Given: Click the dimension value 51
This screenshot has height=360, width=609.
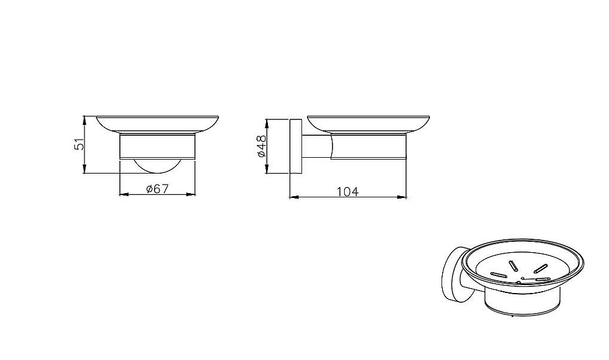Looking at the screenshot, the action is click(x=79, y=144).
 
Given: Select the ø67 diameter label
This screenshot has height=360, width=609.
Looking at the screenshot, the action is click(x=157, y=189).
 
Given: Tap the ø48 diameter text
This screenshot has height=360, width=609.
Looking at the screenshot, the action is click(x=261, y=146).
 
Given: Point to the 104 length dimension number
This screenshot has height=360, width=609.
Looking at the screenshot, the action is click(x=348, y=191).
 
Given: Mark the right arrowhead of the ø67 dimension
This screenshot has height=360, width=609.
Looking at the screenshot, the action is click(x=191, y=194).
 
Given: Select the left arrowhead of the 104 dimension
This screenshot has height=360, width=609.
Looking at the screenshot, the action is click(x=294, y=197).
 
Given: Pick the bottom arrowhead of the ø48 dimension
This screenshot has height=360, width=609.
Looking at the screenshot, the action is click(x=267, y=169).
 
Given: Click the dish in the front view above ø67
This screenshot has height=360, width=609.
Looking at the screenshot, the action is click(x=157, y=124).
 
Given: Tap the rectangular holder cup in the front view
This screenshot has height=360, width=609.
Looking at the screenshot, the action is click(x=157, y=146).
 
